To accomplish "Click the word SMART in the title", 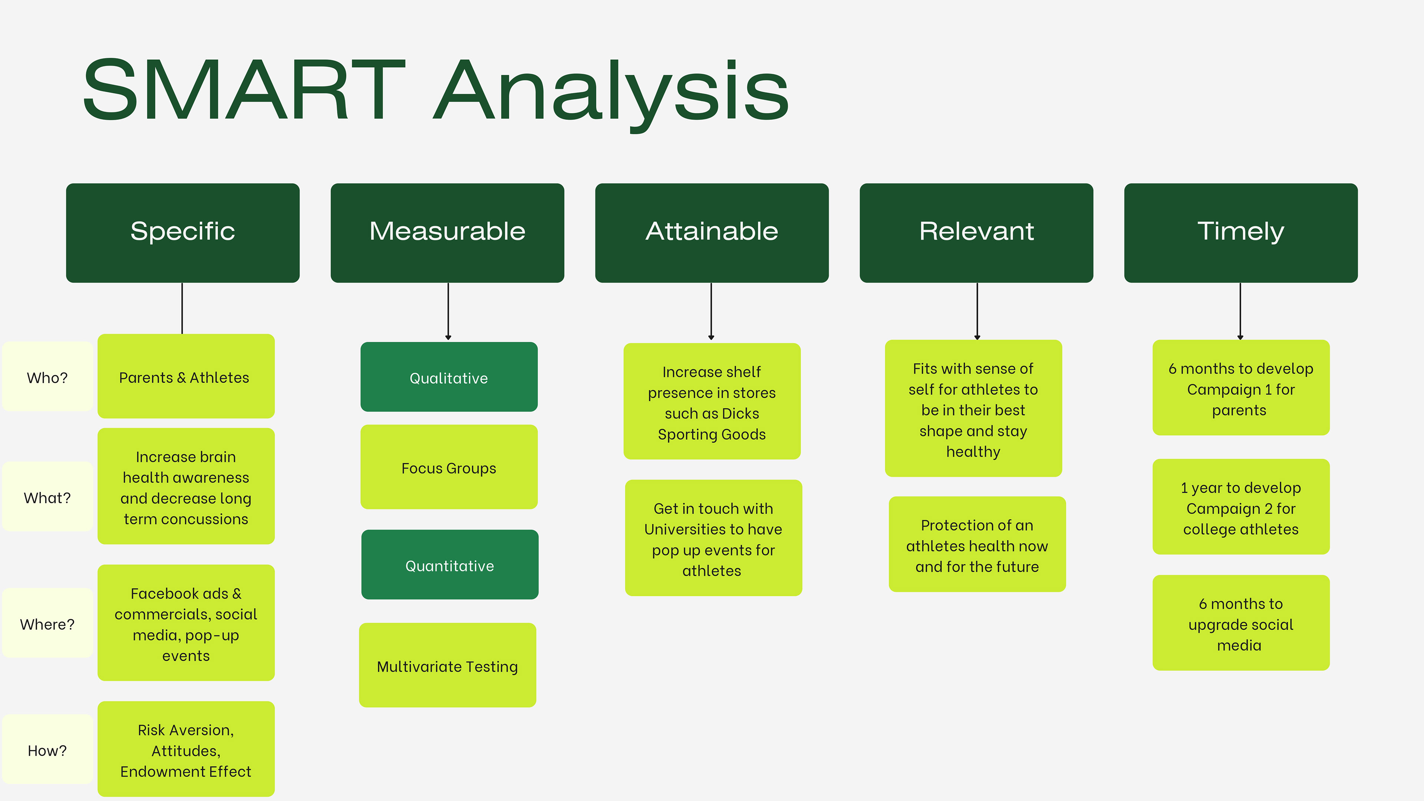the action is coord(244,90).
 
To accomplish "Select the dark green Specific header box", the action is coord(182,233).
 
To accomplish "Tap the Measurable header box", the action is coord(447,233).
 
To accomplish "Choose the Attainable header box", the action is coord(712,233).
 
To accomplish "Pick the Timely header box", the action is coord(1240,233).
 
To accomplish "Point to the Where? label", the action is coord(47,623).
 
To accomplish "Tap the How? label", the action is coord(47,749).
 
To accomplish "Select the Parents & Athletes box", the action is coord(186,376).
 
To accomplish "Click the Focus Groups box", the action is coord(449,467).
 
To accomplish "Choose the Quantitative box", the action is coord(450,564).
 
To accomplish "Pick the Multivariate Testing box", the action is coord(448,665).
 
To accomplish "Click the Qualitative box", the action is coord(449,377).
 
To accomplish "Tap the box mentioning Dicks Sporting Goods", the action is coord(712,401).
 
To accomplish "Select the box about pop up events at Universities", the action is coord(713,538).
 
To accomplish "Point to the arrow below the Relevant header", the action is coord(978,311).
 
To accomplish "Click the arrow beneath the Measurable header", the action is coord(448,311).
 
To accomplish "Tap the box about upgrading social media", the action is coord(1241,623).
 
